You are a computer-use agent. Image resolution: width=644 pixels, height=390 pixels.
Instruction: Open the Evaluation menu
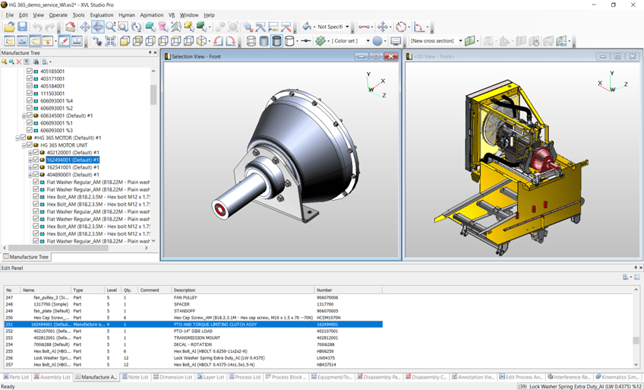coord(101,15)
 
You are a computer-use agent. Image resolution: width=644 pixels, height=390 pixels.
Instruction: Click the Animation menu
coord(151,15)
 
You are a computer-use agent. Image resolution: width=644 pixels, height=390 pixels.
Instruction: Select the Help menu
coord(209,15)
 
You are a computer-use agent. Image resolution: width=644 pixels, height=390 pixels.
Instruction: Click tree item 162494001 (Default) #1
coord(72,160)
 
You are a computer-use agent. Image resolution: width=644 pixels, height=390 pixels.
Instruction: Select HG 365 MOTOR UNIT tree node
coord(64,145)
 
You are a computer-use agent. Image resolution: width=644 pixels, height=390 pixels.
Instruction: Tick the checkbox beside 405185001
coord(30,71)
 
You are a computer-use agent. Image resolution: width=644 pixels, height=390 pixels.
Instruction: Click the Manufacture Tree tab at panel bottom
coord(27,257)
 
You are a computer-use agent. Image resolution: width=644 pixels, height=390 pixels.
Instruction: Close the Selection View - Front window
coord(391,56)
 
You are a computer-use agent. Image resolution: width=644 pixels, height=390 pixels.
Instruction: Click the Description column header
coord(185,290)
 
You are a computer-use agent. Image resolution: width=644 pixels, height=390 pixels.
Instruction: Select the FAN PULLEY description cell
coord(185,297)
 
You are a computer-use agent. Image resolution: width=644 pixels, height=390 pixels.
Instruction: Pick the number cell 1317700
coord(325,304)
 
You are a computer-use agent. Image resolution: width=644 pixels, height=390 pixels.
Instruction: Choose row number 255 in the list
coord(10,351)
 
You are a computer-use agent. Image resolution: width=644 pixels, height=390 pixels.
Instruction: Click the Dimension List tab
coord(173,377)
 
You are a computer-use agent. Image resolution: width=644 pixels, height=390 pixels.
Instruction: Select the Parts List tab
coord(16,377)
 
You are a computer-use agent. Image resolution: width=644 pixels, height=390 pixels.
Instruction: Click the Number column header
coord(324,290)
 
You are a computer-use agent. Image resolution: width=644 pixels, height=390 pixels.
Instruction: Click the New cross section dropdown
coord(436,41)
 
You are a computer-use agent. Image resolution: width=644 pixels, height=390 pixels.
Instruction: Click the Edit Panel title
coord(12,268)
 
